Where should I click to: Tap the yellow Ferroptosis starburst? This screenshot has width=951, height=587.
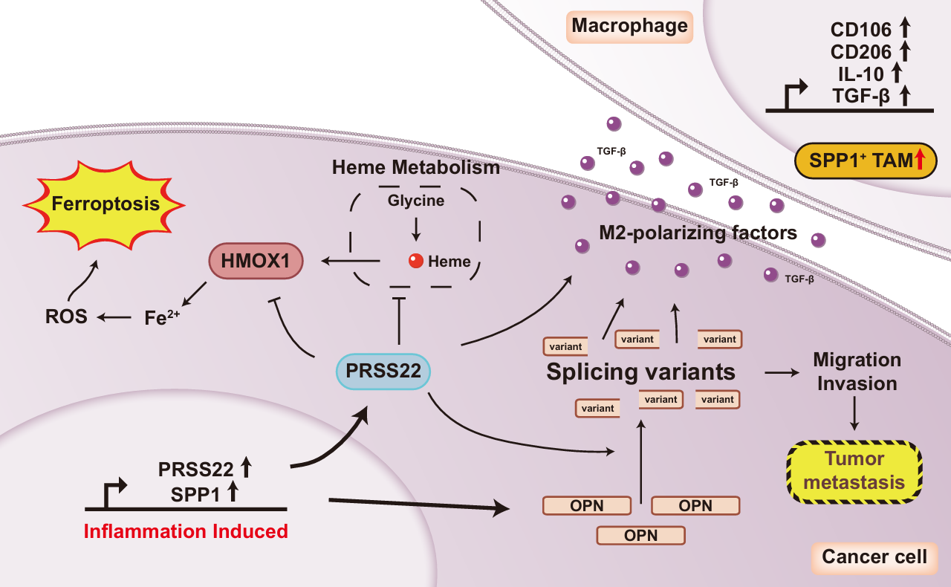coord(106,202)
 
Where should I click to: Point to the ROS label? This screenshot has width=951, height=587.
coord(65,317)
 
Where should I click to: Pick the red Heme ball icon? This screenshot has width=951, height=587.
coord(416,261)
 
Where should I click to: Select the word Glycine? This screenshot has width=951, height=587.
coord(416,201)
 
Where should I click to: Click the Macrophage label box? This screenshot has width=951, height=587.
coord(629,27)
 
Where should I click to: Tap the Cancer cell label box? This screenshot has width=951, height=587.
coord(874,557)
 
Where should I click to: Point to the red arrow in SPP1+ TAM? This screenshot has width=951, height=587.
coord(921,160)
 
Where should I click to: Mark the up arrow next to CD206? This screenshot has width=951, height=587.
coord(905,51)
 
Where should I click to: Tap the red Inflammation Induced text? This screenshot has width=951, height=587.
coord(185,532)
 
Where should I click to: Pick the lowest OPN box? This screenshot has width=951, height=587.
coord(640,535)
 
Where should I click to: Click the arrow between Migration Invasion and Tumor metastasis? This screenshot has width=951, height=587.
coord(855,414)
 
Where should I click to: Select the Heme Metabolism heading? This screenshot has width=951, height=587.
coord(416,168)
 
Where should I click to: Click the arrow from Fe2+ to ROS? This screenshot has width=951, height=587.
coord(117,318)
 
